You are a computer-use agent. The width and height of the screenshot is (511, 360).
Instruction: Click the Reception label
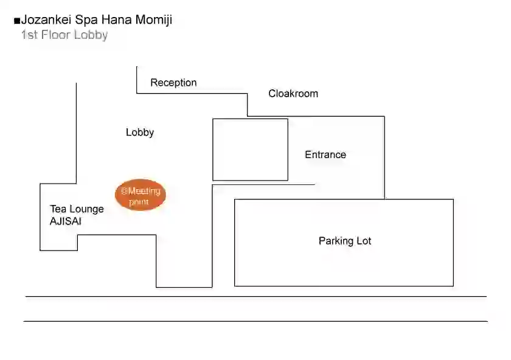coord(173,83)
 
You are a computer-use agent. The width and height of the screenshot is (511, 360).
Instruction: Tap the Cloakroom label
coord(293,94)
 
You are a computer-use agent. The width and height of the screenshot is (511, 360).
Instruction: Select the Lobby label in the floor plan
coord(140,133)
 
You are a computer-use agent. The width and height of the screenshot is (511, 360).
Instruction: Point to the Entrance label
coord(325,154)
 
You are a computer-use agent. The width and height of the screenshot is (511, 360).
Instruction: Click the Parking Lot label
coord(345,241)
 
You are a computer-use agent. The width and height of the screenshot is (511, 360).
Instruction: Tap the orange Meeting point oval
coord(141,195)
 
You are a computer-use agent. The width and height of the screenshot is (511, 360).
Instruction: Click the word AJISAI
coord(66,221)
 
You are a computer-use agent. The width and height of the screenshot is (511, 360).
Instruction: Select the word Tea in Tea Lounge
coord(58,209)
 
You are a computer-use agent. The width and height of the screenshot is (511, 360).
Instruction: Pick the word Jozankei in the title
coord(46,19)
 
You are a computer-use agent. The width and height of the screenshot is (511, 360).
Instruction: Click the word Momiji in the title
coord(153,20)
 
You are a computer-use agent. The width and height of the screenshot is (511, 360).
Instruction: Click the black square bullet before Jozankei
coord(17,21)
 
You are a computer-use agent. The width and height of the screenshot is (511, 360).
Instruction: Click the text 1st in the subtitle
coord(29,35)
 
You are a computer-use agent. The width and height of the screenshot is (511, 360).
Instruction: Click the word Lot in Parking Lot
coord(364,241)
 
